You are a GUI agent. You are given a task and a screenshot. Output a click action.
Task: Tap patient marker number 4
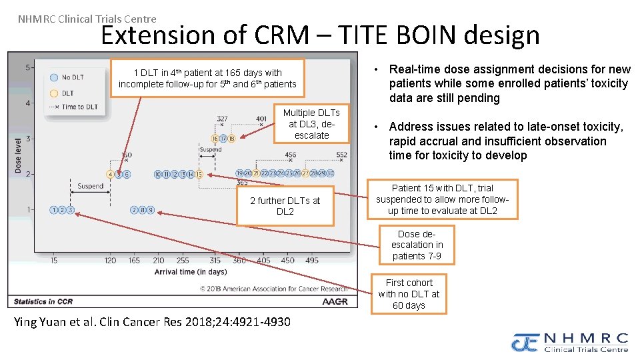(x=110, y=174)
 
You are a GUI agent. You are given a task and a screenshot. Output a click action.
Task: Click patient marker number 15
(x=199, y=174)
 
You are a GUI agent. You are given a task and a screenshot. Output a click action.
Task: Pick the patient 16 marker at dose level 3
(x=215, y=139)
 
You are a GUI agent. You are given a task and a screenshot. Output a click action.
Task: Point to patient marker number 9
(x=151, y=210)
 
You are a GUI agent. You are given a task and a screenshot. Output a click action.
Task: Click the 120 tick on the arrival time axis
(x=111, y=261)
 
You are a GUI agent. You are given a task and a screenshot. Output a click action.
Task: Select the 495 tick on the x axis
(x=311, y=261)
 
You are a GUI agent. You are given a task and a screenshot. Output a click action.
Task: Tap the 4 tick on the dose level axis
(x=27, y=103)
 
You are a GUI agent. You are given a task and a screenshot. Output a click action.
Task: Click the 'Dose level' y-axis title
(x=18, y=155)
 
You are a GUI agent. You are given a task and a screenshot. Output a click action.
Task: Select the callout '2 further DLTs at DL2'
(x=285, y=206)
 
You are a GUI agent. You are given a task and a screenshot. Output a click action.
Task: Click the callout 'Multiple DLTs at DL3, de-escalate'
(x=311, y=124)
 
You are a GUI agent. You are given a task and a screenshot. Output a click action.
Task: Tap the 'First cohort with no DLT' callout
(x=409, y=294)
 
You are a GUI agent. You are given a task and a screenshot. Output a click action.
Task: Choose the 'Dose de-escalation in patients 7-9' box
(x=417, y=245)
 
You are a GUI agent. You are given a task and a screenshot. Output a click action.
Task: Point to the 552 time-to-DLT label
(x=341, y=155)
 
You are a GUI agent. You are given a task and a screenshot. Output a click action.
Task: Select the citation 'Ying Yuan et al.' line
(x=152, y=322)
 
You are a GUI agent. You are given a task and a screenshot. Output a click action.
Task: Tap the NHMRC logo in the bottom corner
(x=571, y=342)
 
